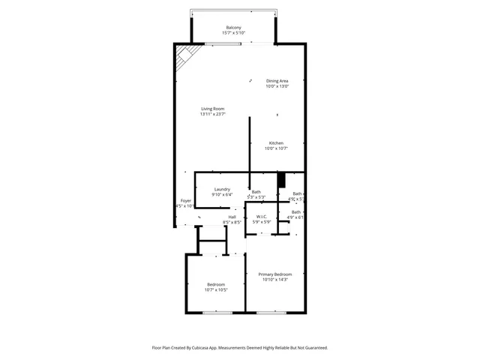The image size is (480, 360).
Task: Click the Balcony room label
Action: click(233, 28)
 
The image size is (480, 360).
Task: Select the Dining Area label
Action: click(277, 81)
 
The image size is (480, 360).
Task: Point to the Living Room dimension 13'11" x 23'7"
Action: click(212, 115)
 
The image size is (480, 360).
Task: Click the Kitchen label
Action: click(276, 142)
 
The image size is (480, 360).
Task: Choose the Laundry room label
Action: click(221, 189)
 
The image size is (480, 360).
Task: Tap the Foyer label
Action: click(185, 200)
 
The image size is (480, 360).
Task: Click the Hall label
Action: click(232, 217)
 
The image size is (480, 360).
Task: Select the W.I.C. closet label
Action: click(262, 217)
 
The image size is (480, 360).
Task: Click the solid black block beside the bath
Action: click(282, 180)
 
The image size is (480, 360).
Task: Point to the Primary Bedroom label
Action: click(275, 274)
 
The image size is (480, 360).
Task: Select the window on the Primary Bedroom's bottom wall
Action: click(270, 312)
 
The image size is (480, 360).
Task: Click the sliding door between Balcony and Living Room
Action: click(232, 43)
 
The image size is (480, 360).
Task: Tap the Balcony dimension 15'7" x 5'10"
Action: click(233, 34)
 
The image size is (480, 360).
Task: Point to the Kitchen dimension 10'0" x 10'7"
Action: click(276, 148)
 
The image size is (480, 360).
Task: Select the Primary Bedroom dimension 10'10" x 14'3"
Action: click(275, 280)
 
